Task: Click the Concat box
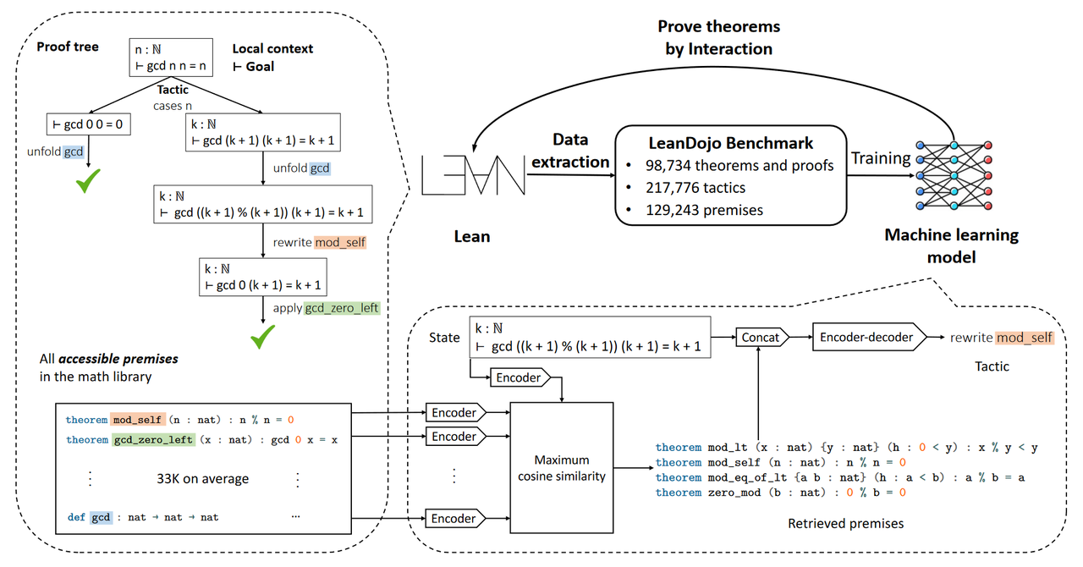(760, 337)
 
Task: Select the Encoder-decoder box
(867, 337)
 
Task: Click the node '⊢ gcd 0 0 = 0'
(89, 125)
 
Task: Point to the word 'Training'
(881, 158)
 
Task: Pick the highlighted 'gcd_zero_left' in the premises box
(152, 440)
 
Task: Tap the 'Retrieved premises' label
(845, 523)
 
